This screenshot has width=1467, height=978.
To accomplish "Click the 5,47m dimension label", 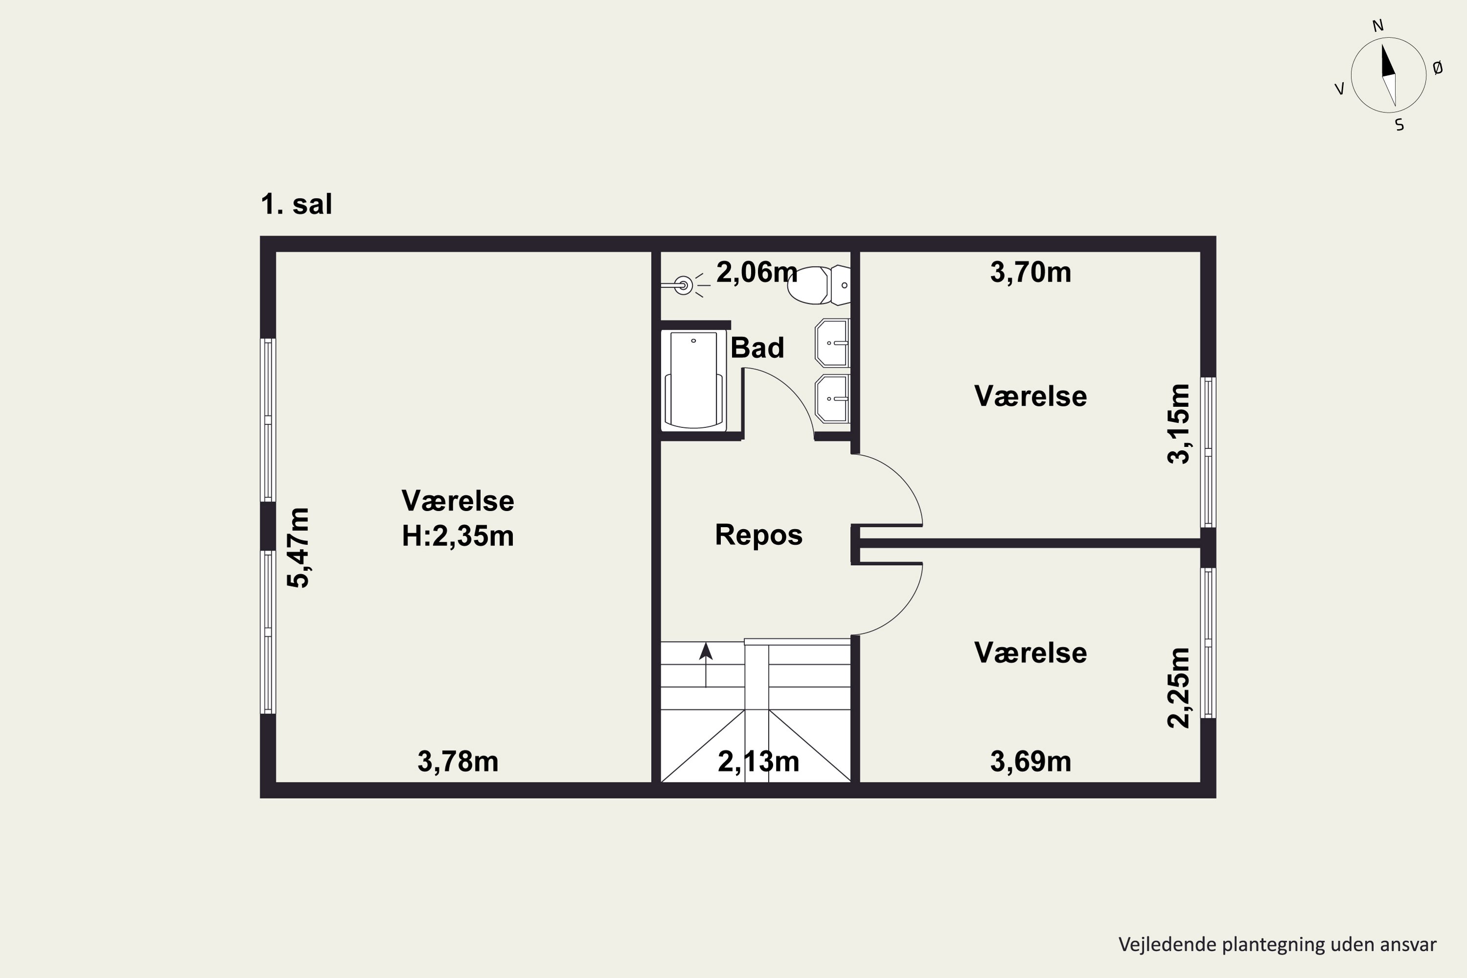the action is coord(298,548).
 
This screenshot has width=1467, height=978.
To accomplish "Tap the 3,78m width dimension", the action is coord(458,761).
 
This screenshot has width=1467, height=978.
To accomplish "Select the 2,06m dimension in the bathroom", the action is coord(756,272).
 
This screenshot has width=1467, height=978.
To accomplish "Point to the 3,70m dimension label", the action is coord(1030,272).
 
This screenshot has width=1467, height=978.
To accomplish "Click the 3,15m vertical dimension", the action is coord(1178,423).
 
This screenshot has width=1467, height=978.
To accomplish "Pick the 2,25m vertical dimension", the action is coord(1178,688).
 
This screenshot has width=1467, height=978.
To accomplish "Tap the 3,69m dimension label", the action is coord(1030,761).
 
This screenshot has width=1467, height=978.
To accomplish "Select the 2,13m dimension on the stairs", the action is coord(758,761).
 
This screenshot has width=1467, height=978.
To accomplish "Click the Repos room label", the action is coord(758,535).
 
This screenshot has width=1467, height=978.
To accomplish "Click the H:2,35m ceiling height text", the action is coord(458,536).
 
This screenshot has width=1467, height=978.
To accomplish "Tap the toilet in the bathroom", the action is coord(818,285).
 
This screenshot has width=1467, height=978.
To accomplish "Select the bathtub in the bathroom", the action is coord(693,380).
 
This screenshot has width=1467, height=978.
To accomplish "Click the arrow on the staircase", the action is coord(706,665).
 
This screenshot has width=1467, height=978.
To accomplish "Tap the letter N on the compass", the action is coord(1378,25).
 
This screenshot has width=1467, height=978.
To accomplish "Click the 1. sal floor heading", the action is coord(296,204).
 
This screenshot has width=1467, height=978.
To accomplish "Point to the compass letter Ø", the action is coord(1438,68).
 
